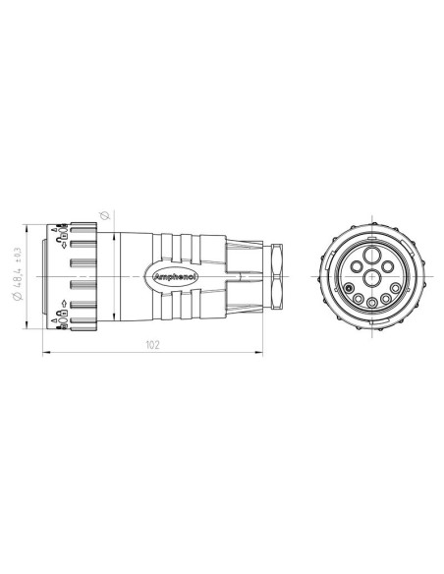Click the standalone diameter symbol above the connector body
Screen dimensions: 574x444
pos(106,213)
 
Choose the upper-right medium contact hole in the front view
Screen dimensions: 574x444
pos(386,265)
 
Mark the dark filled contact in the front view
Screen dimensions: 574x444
pos(348,288)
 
